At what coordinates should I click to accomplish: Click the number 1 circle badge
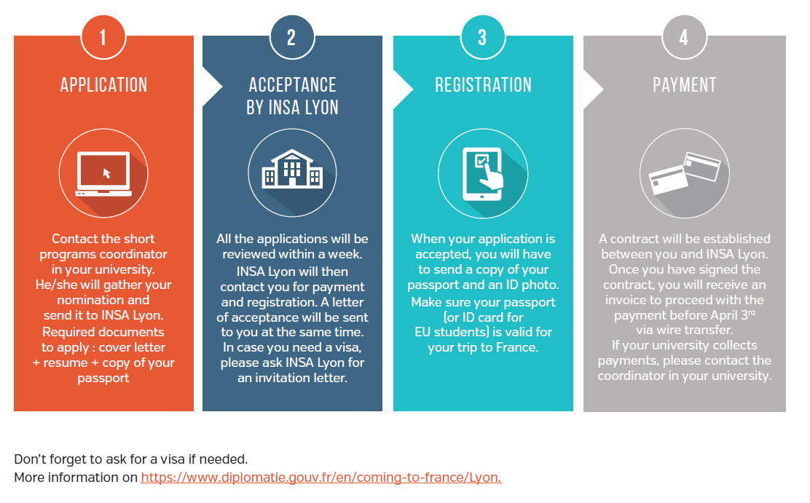coord(103,37)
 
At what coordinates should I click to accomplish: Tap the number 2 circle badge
coord(292,37)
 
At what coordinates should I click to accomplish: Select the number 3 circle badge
coord(482,37)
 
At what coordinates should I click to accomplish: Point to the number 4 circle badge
coord(685,37)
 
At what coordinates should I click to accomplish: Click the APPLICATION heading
coord(104,84)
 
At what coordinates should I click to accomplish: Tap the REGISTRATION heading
coord(483,84)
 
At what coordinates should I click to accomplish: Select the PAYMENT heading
coord(685,84)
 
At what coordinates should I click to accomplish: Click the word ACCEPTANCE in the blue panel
coord(292,84)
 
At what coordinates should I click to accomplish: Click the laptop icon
coord(104,173)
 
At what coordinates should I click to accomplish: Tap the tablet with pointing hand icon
coord(483,174)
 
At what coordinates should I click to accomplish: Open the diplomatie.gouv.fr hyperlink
coord(321,478)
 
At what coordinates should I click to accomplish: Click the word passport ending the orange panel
coord(103,379)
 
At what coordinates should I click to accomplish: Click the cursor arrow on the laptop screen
coord(106,173)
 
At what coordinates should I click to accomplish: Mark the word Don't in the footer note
coord(31,459)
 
